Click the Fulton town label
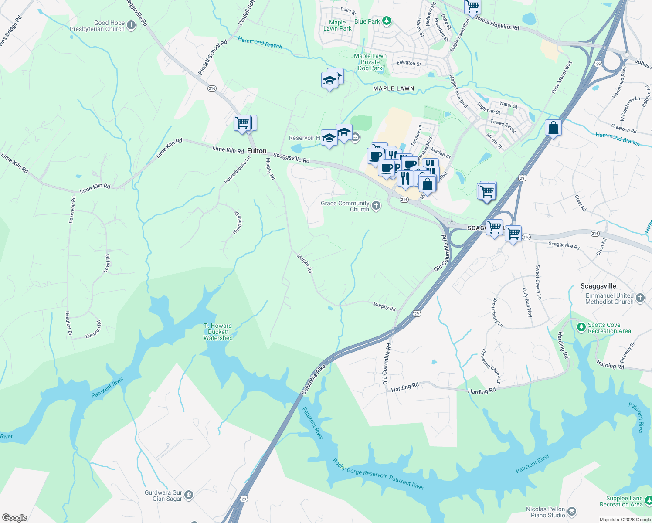(x=257, y=151)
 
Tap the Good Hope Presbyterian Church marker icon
(x=131, y=25)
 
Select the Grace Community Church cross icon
(x=376, y=206)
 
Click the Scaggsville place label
(x=598, y=286)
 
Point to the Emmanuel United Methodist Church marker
(x=640, y=298)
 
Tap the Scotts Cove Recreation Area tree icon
(x=581, y=327)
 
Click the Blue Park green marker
(x=386, y=20)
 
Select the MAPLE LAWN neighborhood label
(x=394, y=88)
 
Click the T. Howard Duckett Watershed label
(x=218, y=332)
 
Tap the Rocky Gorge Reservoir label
(x=360, y=469)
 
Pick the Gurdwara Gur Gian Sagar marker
(x=189, y=495)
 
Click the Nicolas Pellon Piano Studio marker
(x=572, y=511)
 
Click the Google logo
(x=14, y=518)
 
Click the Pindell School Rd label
(x=213, y=57)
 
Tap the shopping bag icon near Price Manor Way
(x=553, y=128)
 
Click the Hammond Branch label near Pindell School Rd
(x=260, y=43)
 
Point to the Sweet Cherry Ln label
(x=539, y=282)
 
